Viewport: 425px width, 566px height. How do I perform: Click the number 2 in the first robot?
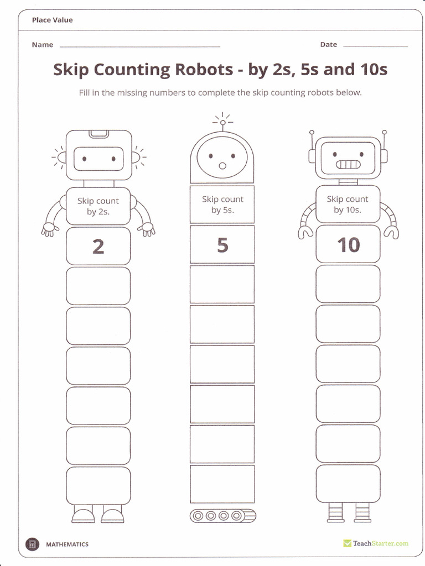point(98,246)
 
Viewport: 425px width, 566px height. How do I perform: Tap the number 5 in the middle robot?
point(222,244)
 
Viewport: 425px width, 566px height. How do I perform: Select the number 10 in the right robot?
point(348,245)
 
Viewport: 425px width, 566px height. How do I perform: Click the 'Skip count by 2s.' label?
point(98,206)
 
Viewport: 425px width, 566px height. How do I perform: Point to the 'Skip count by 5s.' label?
point(222,205)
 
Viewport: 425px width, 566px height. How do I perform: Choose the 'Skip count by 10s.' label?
point(348,205)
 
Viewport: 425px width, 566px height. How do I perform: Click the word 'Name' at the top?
point(43,45)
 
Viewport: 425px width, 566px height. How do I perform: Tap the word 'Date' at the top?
point(328,45)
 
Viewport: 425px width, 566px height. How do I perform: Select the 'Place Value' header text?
point(52,20)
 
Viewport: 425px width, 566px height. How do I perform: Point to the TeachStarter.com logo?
point(376,543)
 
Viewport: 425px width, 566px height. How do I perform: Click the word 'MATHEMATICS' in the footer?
point(67,544)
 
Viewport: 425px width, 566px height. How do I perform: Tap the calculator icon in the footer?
point(33,544)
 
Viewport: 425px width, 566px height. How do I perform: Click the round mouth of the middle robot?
point(222,165)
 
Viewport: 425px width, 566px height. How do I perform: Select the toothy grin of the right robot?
point(348,164)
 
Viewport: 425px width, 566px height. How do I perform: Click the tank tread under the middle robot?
point(223,516)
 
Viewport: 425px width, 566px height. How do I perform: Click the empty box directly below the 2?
point(98,286)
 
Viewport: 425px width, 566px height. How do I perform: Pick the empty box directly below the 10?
point(348,284)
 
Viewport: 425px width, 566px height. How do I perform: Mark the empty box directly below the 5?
point(222,284)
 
